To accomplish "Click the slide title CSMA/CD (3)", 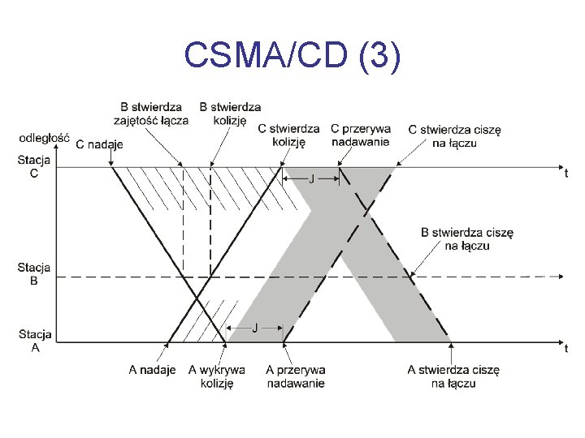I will click(292, 56).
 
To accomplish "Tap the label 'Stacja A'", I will click(35, 341).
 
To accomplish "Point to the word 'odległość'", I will click(43, 139).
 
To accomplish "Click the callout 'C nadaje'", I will click(99, 145).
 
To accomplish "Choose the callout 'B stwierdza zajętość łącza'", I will click(154, 114).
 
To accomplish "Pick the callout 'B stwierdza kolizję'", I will click(230, 114).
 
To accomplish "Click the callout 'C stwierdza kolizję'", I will click(288, 134).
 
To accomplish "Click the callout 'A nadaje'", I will click(152, 370).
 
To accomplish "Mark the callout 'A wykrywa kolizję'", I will click(217, 376).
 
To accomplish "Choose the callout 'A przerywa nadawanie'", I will click(296, 376).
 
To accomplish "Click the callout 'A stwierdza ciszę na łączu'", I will click(453, 376).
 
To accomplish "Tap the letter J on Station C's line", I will click(311, 180).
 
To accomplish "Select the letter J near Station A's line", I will click(255, 328).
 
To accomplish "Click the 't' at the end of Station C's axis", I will click(565, 173).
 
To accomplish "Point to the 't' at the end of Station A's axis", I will click(565, 349).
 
